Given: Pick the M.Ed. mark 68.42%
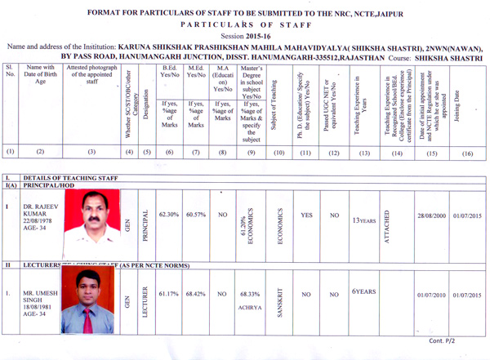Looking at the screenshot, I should [195, 293].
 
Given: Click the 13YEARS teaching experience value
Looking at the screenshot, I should [364, 220].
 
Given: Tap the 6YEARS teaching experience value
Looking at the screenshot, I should [363, 291].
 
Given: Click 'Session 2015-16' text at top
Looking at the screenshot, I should [244, 37].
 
